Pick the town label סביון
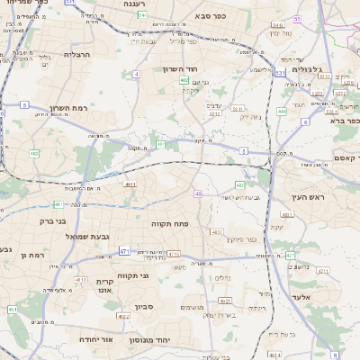(x=146, y=306)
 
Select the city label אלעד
(x=300, y=296)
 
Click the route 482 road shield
(x=33, y=154)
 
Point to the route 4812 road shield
(x=82, y=280)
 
